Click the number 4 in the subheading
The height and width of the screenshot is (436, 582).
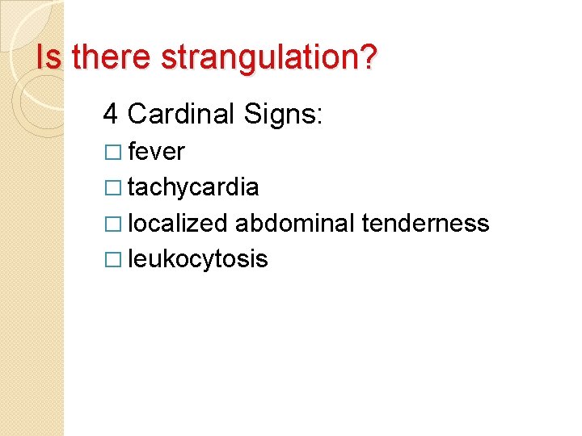(x=111, y=114)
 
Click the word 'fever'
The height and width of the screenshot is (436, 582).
(x=156, y=152)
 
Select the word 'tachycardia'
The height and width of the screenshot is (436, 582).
(x=193, y=188)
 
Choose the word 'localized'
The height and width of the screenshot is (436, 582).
(x=178, y=224)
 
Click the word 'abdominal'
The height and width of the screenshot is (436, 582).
(x=295, y=223)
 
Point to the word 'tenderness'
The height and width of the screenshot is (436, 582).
(x=425, y=223)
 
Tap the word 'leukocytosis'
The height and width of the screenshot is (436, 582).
(x=197, y=259)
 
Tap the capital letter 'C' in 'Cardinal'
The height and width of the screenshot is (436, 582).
(x=137, y=114)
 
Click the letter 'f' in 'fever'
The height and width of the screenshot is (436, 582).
(x=132, y=151)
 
